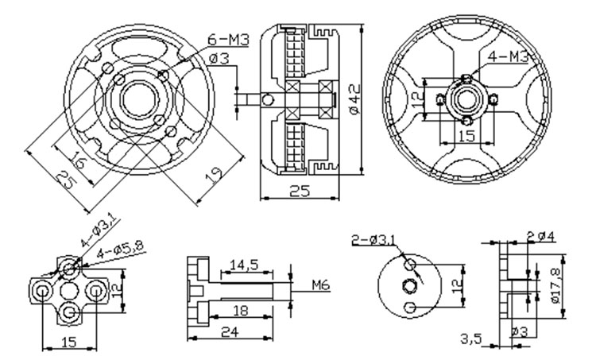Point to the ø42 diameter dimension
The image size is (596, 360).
355,98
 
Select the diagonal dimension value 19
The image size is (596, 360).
211,172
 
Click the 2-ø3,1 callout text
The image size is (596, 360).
378,239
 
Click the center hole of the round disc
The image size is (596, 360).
409,285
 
